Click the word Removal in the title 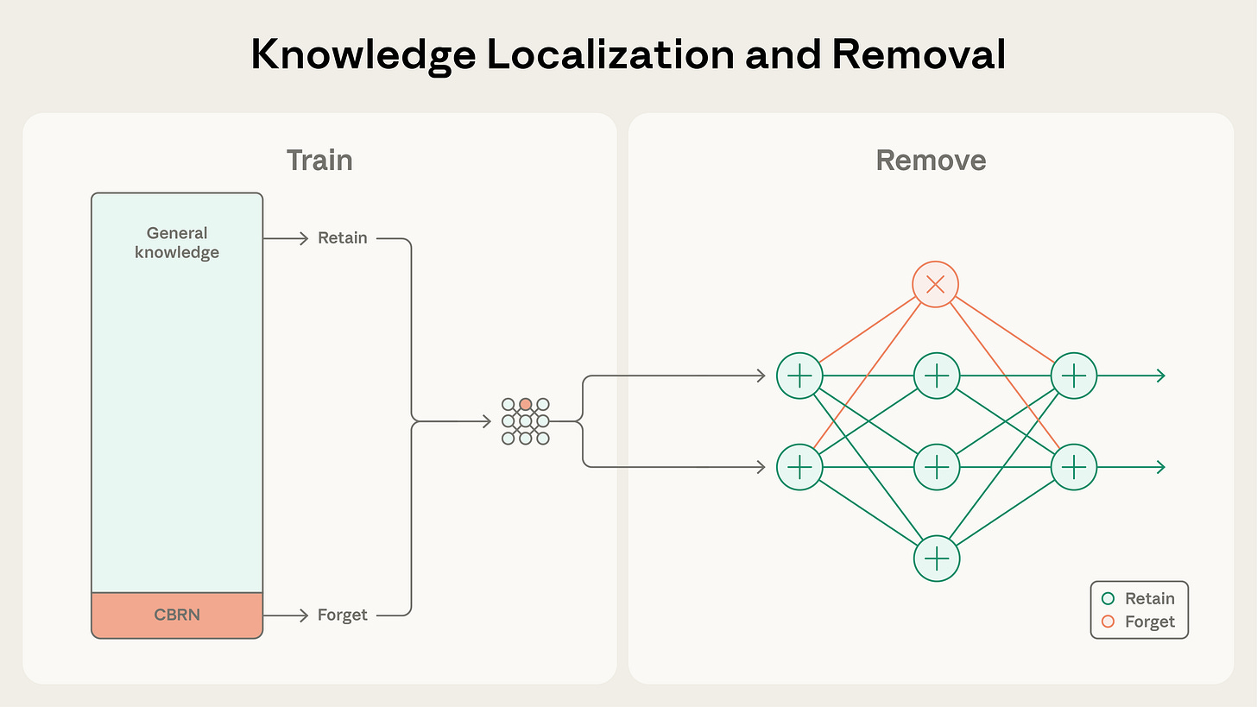[919, 54]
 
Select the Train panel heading [319, 161]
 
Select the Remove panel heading [931, 161]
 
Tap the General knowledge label [177, 243]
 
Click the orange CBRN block [177, 615]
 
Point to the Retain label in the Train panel [342, 238]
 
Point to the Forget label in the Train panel [342, 615]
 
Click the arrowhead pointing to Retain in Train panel [303, 238]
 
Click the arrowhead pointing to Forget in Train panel [303, 615]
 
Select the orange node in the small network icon [525, 404]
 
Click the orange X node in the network [936, 284]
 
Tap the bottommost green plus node [936, 559]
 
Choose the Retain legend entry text [1149, 599]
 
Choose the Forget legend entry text [1149, 622]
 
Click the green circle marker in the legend [1108, 599]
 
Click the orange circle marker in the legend [1108, 622]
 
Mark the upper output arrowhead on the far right [1160, 376]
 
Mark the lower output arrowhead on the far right [1160, 467]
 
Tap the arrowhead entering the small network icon [487, 421]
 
